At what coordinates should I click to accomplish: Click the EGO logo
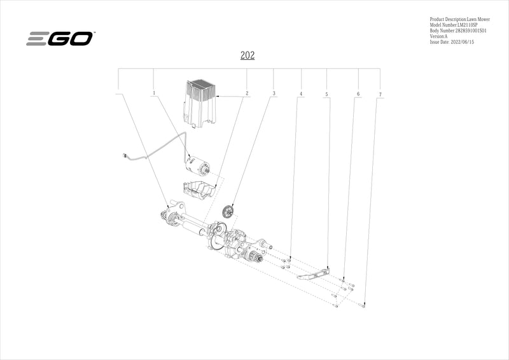60,39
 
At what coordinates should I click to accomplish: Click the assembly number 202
248,55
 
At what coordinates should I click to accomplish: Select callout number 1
153,93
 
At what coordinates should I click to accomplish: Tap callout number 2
246,93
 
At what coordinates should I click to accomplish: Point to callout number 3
274,93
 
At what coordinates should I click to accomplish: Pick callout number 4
301,94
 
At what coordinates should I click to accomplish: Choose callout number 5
326,94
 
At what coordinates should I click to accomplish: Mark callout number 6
358,94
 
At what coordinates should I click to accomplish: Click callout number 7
380,94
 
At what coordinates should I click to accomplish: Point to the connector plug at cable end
125,155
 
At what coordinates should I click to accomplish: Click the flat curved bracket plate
316,274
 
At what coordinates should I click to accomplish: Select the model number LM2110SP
472,25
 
